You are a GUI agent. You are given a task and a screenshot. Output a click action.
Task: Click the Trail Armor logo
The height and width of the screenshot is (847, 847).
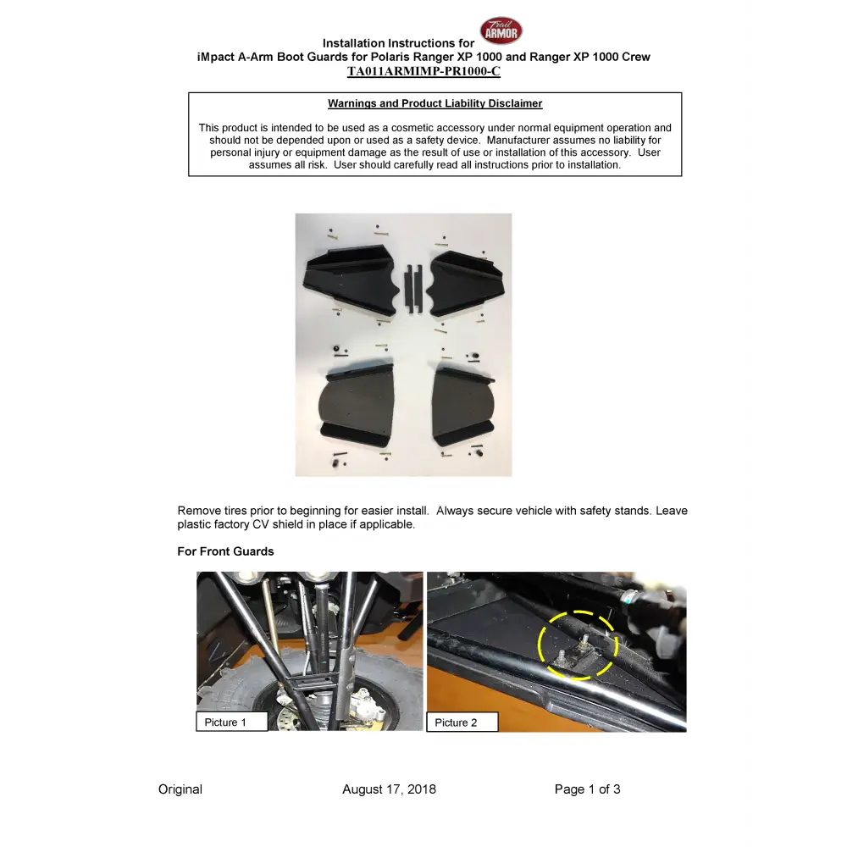(501, 31)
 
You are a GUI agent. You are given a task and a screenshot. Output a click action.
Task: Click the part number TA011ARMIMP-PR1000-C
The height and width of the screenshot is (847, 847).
(423, 71)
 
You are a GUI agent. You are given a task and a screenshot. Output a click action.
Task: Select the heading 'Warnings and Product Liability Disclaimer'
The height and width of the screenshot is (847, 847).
(435, 103)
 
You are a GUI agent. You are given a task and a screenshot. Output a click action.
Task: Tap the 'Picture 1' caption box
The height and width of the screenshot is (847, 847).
(232, 722)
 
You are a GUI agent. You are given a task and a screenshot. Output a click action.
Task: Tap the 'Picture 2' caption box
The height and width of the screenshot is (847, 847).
(462, 722)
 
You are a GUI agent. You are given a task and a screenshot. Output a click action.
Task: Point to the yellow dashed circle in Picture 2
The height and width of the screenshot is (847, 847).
(579, 645)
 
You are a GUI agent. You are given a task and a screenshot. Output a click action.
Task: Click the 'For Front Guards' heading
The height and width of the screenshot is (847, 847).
(225, 551)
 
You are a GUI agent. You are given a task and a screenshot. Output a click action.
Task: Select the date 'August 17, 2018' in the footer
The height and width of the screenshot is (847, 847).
(389, 789)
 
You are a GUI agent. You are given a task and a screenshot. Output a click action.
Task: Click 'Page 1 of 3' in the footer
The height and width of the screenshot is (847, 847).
(587, 789)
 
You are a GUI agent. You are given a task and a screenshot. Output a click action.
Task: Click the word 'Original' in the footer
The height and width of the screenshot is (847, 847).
(180, 789)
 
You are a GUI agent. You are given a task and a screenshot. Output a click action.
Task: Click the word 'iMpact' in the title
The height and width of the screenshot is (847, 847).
(215, 57)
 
